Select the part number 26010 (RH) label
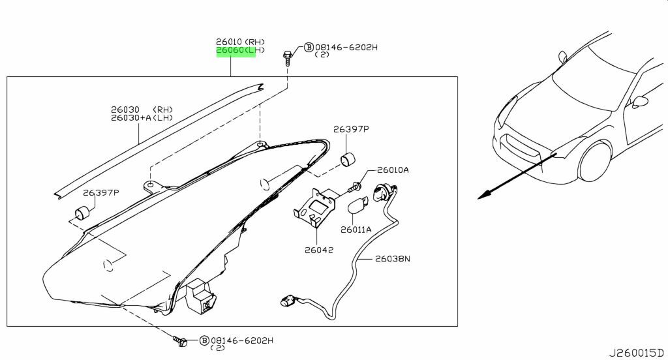click(x=240, y=42)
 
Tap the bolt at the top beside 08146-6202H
click(x=287, y=57)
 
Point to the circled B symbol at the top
click(x=309, y=48)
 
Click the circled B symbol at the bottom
click(x=204, y=340)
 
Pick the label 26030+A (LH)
click(x=142, y=117)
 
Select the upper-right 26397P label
click(x=351, y=128)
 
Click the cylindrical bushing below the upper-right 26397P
click(x=348, y=159)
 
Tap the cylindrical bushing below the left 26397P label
click(x=83, y=211)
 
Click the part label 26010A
click(x=393, y=170)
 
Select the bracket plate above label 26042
click(x=314, y=207)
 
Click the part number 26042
click(x=318, y=250)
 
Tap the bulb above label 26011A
click(x=357, y=206)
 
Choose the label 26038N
click(x=393, y=259)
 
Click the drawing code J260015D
click(x=636, y=353)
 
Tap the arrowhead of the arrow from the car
click(x=483, y=196)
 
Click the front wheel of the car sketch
click(x=595, y=162)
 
